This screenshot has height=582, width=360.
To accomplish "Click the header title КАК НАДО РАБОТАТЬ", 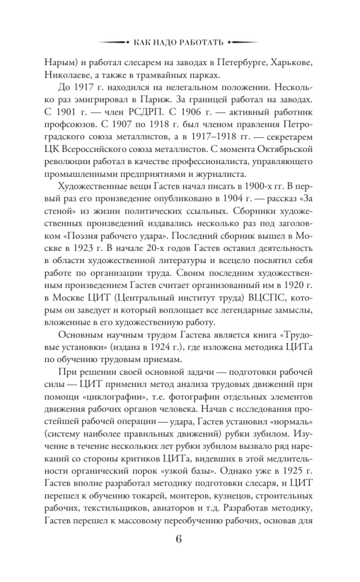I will click(179, 42).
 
